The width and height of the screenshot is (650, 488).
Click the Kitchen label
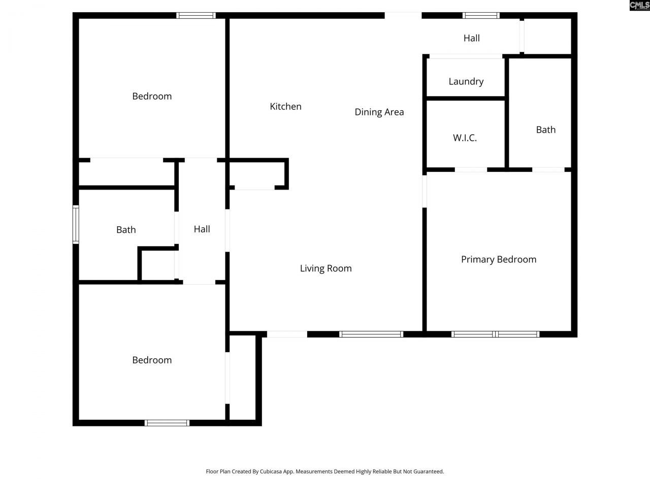(285, 106)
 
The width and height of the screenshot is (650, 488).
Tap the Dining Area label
(379, 112)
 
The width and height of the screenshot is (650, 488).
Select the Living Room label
(326, 268)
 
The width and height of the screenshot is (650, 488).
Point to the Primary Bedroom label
(499, 260)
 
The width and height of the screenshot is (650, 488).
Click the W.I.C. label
(465, 138)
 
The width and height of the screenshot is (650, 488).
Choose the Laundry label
(466, 81)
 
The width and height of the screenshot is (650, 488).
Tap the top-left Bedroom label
(152, 96)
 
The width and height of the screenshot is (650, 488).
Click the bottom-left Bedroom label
(152, 360)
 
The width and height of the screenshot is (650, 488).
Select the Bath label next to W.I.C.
(546, 130)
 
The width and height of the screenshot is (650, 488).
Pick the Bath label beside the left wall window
(126, 230)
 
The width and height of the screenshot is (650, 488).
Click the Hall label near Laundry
(471, 38)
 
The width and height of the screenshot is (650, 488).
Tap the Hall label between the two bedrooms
(202, 229)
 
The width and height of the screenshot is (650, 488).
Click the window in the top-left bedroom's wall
(196, 15)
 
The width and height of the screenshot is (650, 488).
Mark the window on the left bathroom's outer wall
(76, 225)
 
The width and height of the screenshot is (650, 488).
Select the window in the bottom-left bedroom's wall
(167, 423)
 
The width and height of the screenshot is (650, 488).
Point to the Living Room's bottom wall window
(371, 334)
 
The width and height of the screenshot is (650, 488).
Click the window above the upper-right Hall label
(481, 15)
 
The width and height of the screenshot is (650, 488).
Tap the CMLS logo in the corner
(640, 5)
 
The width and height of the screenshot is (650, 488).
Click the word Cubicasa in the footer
(271, 471)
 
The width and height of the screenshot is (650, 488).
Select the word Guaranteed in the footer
(429, 471)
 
